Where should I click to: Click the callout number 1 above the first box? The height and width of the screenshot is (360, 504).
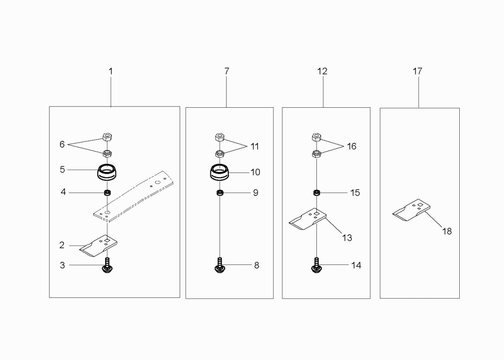pos(110,71)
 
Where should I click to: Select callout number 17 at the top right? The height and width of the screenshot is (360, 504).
pos(417,71)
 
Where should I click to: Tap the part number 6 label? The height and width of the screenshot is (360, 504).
pos(62,144)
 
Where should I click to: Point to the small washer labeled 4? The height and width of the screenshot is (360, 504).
pos(107,193)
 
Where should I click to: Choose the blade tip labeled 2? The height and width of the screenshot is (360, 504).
pos(98,245)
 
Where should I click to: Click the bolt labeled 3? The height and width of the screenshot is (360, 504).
pos(107,265)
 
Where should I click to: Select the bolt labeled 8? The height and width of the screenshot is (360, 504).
pos(220,265)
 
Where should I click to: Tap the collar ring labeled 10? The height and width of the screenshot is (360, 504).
pos(220,173)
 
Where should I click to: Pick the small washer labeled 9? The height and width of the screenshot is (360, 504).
pos(220,193)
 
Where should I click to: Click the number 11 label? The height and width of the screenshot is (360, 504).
pos(255,146)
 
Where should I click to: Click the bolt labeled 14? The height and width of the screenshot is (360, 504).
pos(316,265)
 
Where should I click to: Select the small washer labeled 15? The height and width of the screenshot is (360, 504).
pos(316,193)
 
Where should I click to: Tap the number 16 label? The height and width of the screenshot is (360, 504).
pos(351,146)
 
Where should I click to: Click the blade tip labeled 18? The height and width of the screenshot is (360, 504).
pos(412,210)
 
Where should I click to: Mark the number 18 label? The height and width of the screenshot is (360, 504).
pos(447,231)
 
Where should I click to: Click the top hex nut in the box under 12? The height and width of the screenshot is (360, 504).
pos(316,138)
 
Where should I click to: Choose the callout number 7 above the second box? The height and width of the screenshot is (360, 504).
pos(227,71)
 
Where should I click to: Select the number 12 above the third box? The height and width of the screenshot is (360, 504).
pos(322,71)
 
